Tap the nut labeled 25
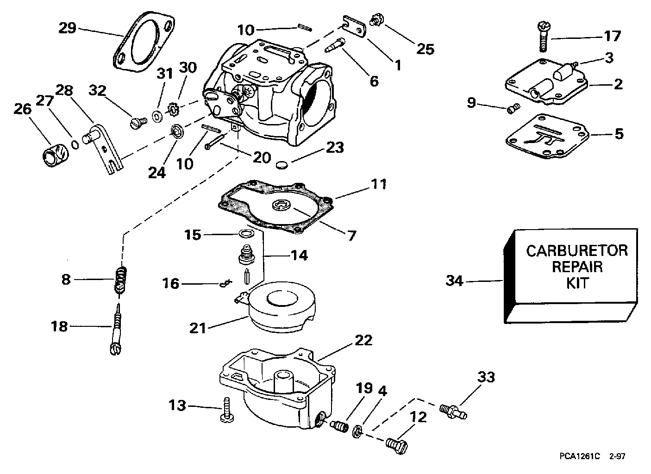375,20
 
